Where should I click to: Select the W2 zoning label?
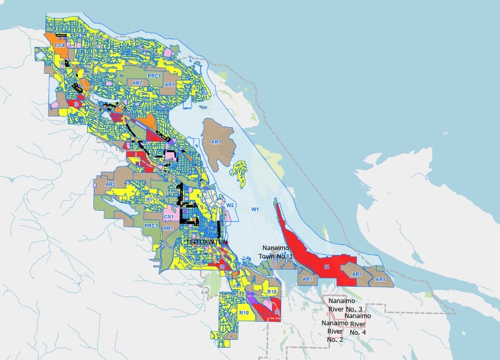coord(230,205)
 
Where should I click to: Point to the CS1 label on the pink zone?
coord(168,217)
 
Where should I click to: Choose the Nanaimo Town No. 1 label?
coord(278,253)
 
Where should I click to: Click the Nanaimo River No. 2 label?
coord(334,331)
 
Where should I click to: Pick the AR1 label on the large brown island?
coord(216,142)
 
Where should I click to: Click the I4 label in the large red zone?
coord(326,267)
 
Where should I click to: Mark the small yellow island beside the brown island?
coord(239,168)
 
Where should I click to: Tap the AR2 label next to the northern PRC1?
coord(137,83)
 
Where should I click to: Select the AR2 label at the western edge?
coord(110,184)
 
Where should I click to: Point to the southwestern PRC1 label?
coord(150,226)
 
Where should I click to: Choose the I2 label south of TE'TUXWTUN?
coord(221,267)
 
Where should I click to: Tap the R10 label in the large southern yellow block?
coord(244,313)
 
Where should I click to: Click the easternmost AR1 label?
coord(380,279)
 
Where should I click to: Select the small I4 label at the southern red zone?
coord(277,312)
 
